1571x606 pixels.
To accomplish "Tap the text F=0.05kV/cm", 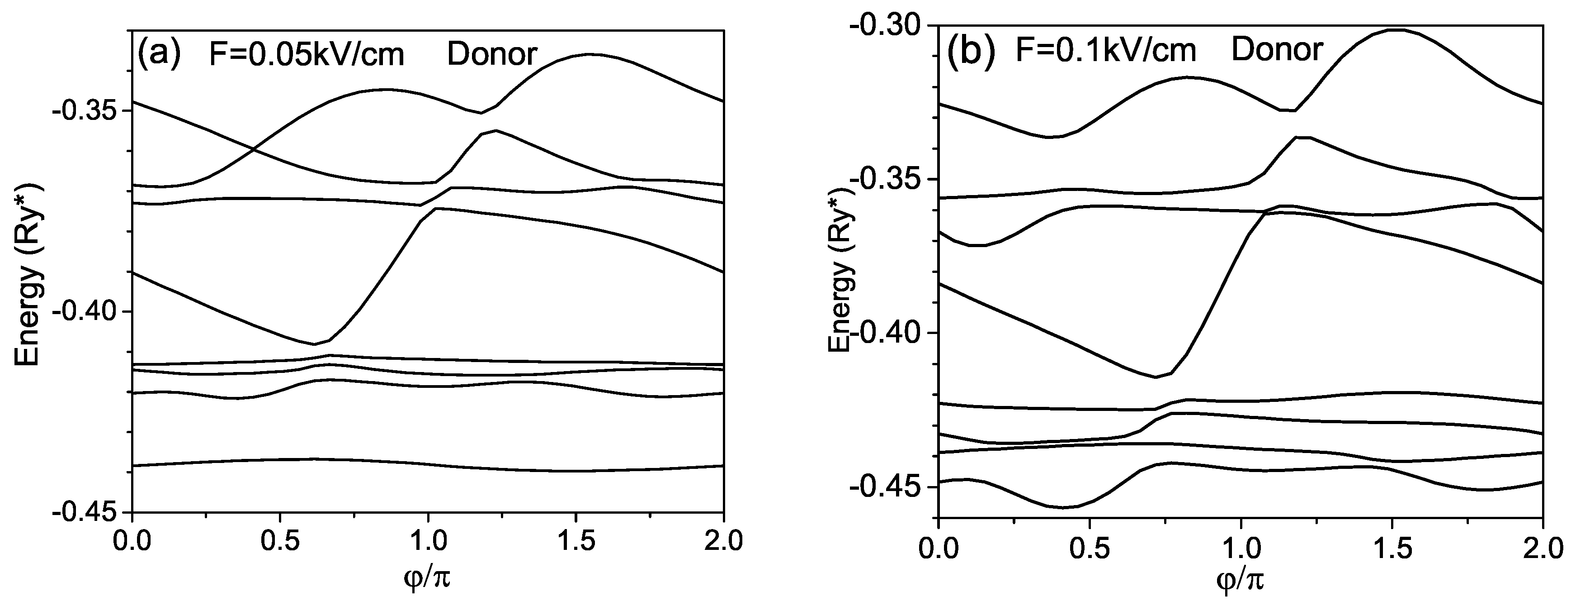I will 306,55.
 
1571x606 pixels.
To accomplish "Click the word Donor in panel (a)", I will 491,54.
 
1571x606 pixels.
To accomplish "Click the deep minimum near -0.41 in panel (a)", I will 315,344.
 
